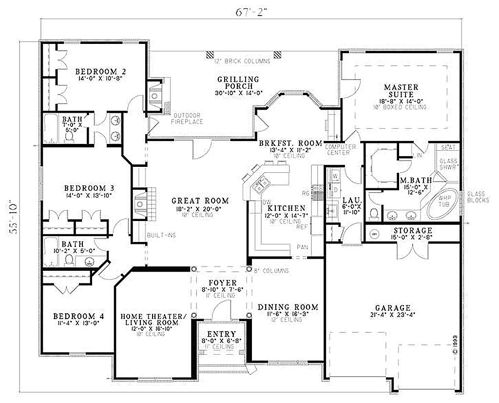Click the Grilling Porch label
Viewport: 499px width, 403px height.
(x=238, y=82)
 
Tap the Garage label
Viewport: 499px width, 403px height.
(x=392, y=308)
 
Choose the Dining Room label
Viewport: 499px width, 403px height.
(x=288, y=307)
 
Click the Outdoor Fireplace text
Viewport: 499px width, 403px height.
(x=188, y=118)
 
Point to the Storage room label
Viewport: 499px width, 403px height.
(x=413, y=230)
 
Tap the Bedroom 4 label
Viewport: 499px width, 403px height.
(x=77, y=316)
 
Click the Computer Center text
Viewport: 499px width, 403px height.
(x=340, y=149)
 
